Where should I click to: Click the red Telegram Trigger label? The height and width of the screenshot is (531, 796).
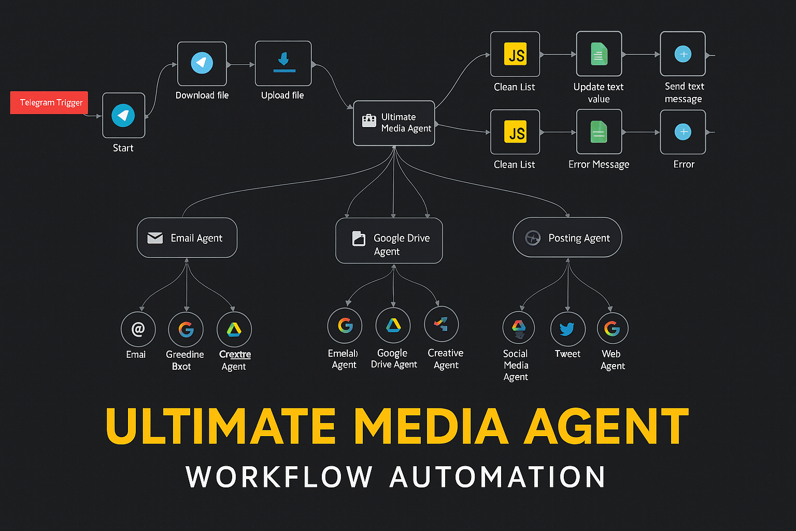click(x=50, y=103)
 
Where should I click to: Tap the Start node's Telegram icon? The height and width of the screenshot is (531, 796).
click(x=123, y=115)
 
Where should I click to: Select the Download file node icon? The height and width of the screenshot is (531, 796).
click(x=202, y=63)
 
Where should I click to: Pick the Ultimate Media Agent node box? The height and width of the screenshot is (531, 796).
click(x=394, y=123)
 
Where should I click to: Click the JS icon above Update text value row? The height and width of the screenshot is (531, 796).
click(x=515, y=54)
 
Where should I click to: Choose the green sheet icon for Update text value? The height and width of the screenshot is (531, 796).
click(x=599, y=54)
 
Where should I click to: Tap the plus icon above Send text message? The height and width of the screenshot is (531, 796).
click(x=683, y=54)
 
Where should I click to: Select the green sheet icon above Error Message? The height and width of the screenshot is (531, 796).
click(x=599, y=132)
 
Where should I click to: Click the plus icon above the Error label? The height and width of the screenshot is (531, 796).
click(x=683, y=132)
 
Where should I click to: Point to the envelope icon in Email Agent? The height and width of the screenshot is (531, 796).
click(x=155, y=237)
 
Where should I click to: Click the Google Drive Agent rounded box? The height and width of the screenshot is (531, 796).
click(x=389, y=241)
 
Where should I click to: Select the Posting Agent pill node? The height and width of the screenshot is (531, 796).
click(x=567, y=237)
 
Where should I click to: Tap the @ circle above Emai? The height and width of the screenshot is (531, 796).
click(x=138, y=329)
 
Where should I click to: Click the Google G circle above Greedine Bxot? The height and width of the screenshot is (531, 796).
click(x=186, y=329)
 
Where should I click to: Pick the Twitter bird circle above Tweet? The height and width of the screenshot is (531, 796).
click(x=567, y=329)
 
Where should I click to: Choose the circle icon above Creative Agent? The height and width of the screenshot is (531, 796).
click(x=441, y=324)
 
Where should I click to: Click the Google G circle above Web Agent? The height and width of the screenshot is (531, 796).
click(x=612, y=328)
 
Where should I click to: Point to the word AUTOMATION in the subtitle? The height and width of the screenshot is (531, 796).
click(x=497, y=477)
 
